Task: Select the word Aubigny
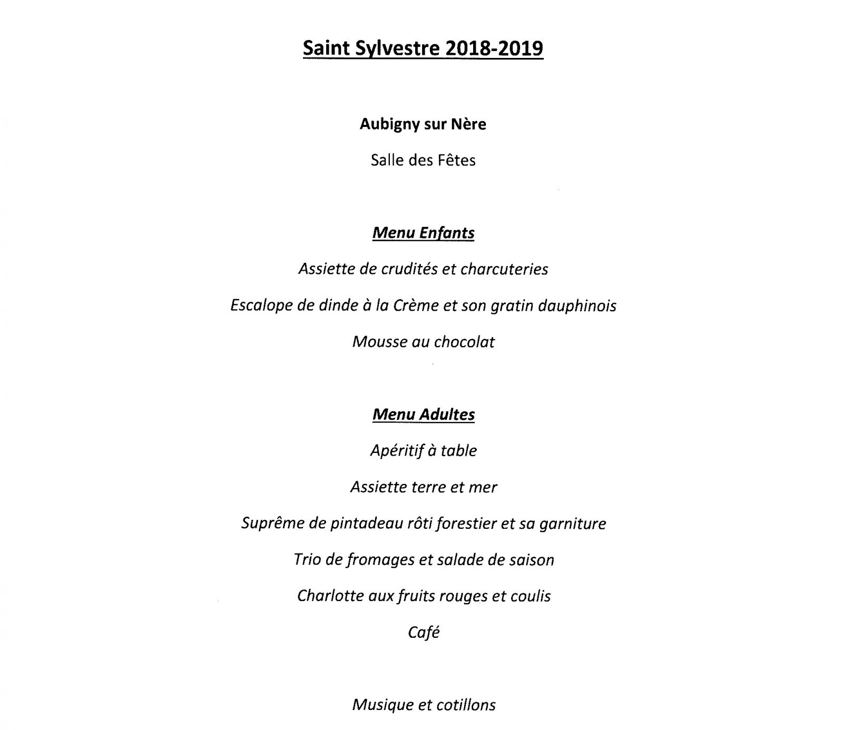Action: coord(390,124)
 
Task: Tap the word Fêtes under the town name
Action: coord(456,160)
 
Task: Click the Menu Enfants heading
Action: coord(423,233)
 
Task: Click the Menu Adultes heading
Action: coord(423,415)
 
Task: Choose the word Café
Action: coord(424,633)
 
